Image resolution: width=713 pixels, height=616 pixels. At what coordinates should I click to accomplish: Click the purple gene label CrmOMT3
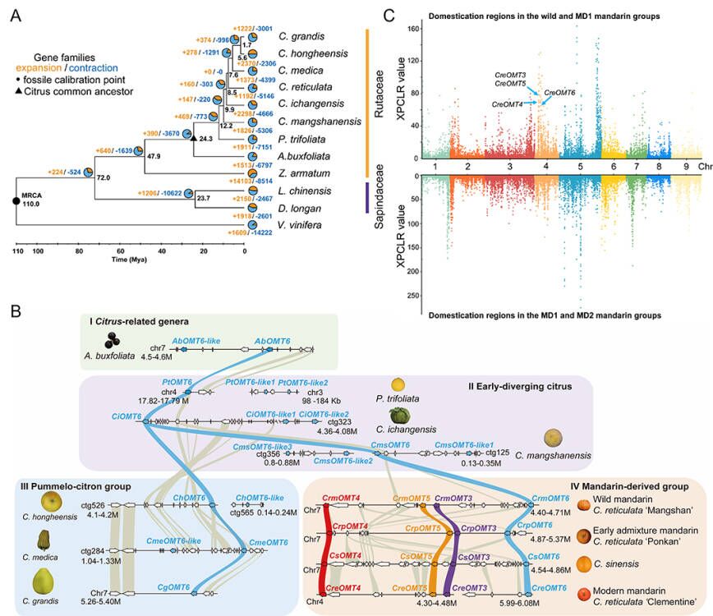pos(453,498)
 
